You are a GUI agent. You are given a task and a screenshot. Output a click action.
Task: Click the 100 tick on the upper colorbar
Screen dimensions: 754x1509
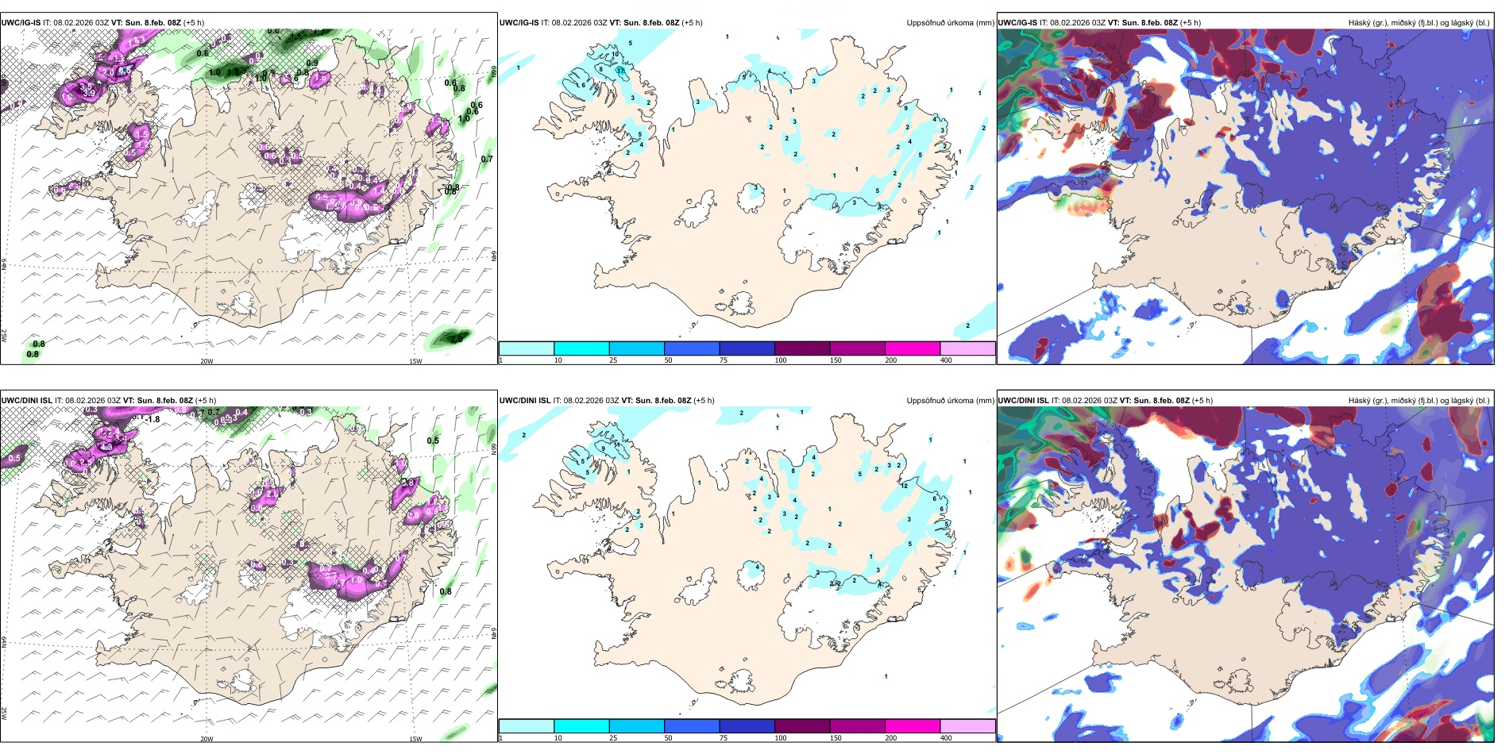tap(781, 360)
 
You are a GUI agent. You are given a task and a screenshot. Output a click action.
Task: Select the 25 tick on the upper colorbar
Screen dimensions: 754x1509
tap(613, 360)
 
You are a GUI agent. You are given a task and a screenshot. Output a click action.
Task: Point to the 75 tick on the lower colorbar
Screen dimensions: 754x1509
tap(724, 738)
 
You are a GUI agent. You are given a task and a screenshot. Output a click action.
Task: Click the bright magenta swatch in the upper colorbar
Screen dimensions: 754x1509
tap(913, 348)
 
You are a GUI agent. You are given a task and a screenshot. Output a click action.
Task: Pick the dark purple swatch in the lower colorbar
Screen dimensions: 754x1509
tap(802, 726)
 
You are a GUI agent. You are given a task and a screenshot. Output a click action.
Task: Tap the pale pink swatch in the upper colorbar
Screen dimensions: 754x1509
tap(967, 348)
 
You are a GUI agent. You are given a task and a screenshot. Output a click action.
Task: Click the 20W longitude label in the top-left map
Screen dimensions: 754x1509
tap(206, 361)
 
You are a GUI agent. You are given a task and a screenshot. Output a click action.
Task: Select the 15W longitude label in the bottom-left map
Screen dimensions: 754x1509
tap(415, 739)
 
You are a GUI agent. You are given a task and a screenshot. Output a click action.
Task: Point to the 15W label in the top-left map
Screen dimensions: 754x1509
tap(415, 361)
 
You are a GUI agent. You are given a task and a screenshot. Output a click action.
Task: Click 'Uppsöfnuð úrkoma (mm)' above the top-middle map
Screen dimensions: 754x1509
tap(950, 23)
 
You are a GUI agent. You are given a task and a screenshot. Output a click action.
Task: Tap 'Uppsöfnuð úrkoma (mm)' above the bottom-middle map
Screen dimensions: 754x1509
tap(950, 401)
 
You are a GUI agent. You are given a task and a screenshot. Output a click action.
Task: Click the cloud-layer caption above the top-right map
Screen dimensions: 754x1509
tap(1418, 23)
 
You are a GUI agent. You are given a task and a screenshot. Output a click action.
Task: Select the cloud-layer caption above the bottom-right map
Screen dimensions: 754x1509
tap(1418, 401)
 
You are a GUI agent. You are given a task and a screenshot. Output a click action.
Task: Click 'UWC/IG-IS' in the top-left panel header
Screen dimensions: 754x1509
tap(21, 23)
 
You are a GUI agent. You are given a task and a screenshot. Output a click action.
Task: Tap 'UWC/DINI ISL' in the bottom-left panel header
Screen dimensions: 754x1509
tap(26, 401)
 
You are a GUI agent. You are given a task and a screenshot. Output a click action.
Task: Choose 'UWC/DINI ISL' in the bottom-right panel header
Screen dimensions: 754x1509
tap(1024, 401)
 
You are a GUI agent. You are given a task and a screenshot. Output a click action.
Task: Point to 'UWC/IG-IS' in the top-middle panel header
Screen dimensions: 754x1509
tap(519, 23)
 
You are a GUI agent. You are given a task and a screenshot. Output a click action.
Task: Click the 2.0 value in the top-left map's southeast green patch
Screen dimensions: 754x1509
tap(457, 339)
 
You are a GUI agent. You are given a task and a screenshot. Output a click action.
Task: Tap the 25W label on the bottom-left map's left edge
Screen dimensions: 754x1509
tap(4, 713)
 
